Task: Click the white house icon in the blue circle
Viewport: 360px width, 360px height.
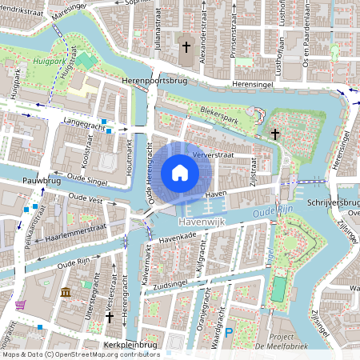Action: (180, 173)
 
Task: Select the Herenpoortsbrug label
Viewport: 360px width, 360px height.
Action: (154, 82)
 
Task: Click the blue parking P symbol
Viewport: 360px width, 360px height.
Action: (230, 331)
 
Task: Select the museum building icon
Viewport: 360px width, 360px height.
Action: (65, 294)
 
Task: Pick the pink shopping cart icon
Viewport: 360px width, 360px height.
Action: (19, 305)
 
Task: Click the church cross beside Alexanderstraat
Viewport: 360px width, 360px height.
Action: (187, 48)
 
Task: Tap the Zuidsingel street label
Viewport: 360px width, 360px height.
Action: (178, 283)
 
